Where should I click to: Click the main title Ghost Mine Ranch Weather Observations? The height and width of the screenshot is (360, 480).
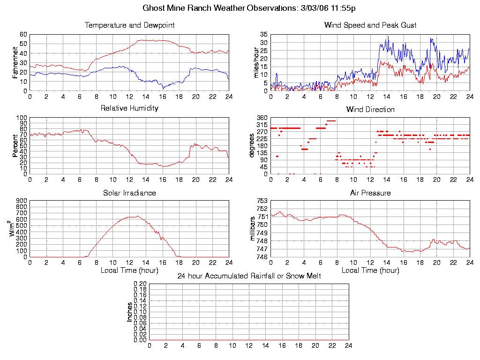(251, 8)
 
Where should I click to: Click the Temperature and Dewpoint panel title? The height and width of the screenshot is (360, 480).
(129, 25)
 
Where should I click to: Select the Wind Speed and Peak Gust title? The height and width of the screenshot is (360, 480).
(370, 25)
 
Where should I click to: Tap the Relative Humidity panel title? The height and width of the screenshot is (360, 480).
(129, 108)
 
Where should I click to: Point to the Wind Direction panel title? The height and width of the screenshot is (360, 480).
(370, 110)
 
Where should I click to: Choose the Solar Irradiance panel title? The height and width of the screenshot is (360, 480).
(129, 193)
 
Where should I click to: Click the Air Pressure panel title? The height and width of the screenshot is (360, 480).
(370, 193)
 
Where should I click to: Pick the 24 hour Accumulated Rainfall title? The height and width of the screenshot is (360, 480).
(249, 276)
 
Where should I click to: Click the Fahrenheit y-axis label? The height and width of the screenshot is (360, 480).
(15, 62)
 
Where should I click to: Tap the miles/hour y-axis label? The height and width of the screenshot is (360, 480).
(256, 62)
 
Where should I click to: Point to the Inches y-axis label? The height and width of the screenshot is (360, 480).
(130, 312)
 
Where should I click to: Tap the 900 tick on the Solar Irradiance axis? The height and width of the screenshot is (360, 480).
(22, 201)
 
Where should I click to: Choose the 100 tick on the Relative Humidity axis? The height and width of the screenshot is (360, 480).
(22, 118)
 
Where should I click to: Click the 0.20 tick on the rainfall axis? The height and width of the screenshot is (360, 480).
(140, 284)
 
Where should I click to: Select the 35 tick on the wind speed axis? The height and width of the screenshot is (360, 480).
(263, 35)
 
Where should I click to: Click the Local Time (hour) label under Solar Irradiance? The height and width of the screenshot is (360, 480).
(129, 270)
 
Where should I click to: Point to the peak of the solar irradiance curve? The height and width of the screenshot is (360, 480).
(137, 216)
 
